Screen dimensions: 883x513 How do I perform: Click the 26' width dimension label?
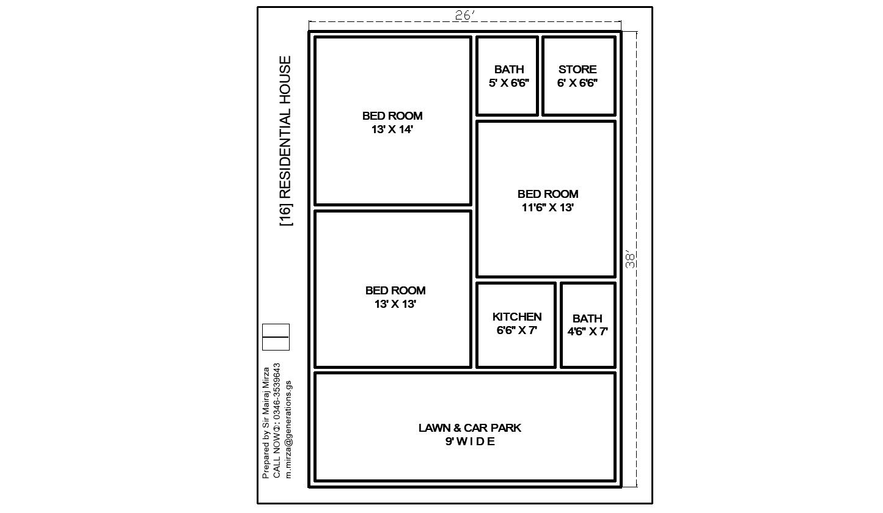tap(465, 15)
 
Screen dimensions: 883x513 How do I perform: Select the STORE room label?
tap(577, 70)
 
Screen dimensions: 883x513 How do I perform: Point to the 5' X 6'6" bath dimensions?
tap(509, 83)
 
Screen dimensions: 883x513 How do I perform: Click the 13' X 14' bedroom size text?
tap(392, 129)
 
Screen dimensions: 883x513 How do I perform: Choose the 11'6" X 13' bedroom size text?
tap(548, 207)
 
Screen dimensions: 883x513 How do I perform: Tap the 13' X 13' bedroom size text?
tap(395, 304)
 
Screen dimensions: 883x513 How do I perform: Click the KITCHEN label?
tap(517, 317)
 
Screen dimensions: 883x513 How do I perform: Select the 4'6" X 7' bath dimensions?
tap(587, 332)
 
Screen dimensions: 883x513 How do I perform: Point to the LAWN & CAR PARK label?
tap(470, 428)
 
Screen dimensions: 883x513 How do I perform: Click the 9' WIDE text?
tap(470, 442)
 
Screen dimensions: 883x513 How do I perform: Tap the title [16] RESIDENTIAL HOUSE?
tap(285, 141)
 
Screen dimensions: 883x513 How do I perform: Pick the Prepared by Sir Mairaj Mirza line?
tap(266, 423)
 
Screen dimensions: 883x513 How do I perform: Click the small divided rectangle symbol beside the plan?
tap(276, 337)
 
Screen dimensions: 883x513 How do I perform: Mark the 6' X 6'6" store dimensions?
tap(577, 83)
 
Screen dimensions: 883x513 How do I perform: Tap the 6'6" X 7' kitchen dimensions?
tap(517, 330)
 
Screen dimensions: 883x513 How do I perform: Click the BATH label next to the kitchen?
tap(587, 318)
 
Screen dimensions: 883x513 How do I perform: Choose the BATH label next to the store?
tap(509, 70)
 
